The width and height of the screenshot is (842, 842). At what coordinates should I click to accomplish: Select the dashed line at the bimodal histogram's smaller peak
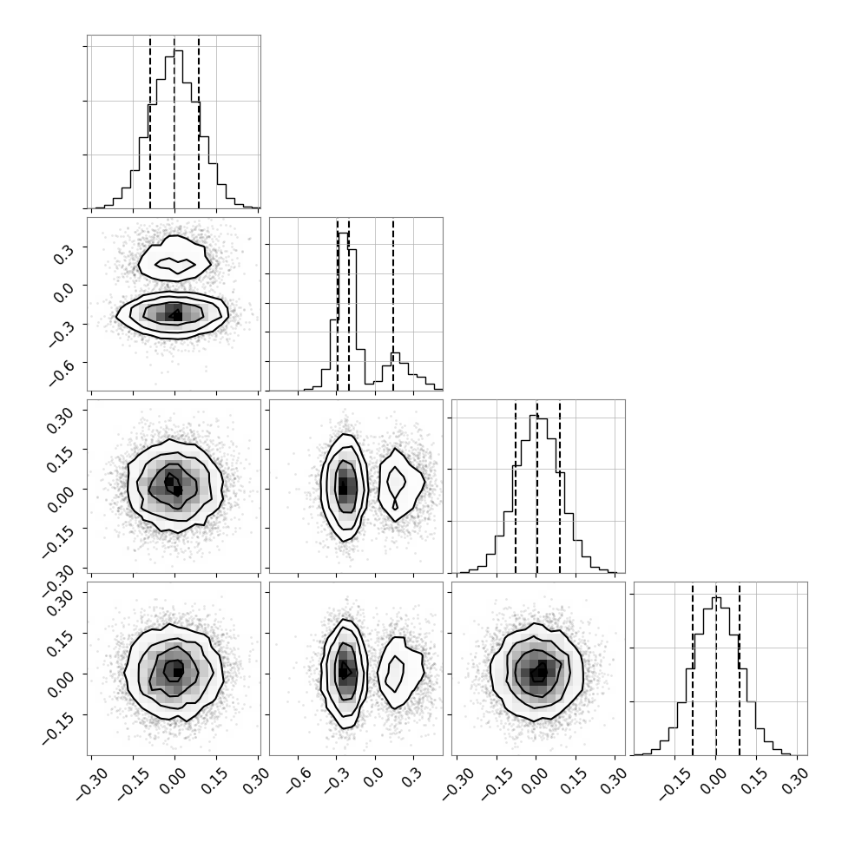[393, 304]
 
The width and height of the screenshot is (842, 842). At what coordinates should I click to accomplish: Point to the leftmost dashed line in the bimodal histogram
[338, 304]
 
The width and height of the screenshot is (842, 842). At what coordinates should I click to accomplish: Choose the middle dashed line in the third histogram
[537, 486]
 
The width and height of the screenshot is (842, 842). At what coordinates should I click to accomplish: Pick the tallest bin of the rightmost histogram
[716, 599]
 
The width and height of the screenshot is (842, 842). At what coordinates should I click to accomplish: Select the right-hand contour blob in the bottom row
[400, 672]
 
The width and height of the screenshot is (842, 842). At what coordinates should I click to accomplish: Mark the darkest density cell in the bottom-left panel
[179, 671]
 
